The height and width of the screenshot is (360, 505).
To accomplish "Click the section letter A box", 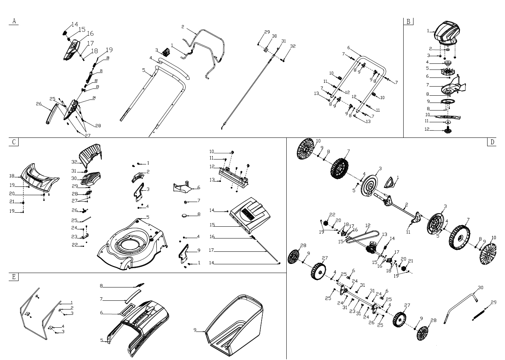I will tap(14, 21).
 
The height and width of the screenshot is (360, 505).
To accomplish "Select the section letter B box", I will tap(408, 21).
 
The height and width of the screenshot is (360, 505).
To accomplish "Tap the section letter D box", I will tap(492, 142).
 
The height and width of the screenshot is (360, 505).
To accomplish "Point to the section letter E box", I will tap(14, 276).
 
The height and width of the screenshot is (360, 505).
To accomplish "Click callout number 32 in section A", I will tap(293, 46).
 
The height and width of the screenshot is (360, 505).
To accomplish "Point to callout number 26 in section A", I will tap(39, 104).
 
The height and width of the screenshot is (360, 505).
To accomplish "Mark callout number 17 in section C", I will tap(212, 250).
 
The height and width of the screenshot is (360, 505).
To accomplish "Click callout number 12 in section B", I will tap(427, 129).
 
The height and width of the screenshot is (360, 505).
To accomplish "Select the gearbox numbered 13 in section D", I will tap(371, 249).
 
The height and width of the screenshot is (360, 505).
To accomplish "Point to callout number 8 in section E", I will tap(101, 286).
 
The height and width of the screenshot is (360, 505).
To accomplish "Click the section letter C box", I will tap(14, 142).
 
